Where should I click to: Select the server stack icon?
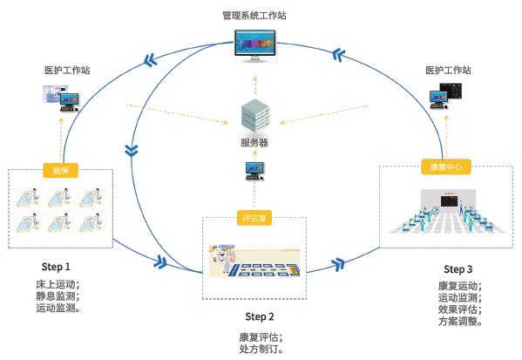[255, 116]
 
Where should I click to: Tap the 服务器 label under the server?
[255, 142]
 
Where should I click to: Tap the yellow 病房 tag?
[59, 171]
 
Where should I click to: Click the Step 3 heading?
[458, 268]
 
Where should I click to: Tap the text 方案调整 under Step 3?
[458, 322]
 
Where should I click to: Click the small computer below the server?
[254, 168]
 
